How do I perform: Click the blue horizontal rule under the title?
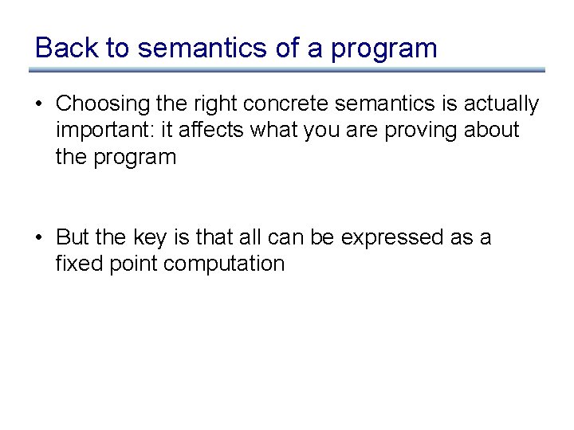pos(287,70)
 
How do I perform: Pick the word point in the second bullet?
pos(133,264)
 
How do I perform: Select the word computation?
pos(224,264)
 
